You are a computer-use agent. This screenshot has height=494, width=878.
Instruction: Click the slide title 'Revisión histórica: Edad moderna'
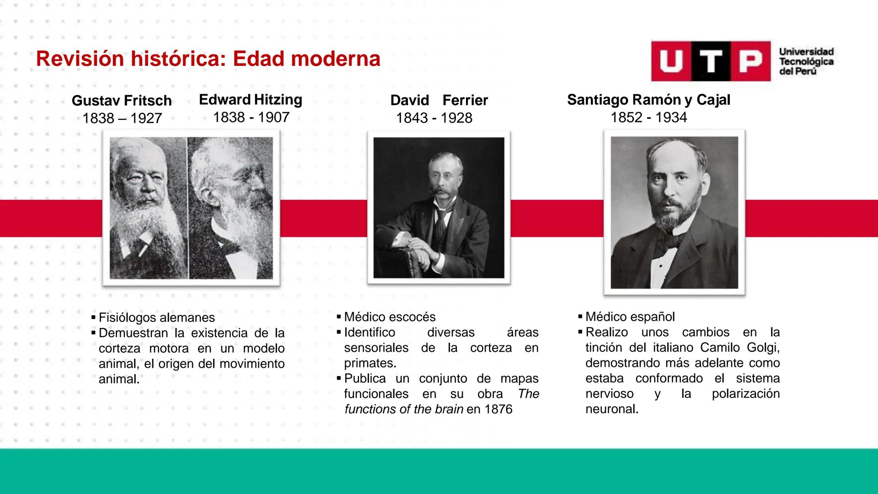208,59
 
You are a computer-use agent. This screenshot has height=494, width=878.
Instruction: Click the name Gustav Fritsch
122,101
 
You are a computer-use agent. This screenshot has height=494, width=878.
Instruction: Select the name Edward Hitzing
251,100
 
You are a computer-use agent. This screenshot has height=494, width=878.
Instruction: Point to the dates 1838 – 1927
122,118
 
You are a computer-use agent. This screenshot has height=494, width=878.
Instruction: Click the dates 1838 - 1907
251,118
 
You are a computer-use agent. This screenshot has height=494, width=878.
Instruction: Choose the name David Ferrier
439,100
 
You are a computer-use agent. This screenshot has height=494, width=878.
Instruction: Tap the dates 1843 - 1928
434,118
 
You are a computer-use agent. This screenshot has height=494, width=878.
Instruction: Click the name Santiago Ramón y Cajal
648,100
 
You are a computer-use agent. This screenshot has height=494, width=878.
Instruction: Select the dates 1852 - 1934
648,118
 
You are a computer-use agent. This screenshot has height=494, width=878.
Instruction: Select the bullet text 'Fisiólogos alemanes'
156,318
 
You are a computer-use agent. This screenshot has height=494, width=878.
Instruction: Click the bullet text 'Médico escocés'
390,317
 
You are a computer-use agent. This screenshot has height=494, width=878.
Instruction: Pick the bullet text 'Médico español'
630,317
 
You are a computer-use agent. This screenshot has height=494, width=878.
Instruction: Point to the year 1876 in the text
498,409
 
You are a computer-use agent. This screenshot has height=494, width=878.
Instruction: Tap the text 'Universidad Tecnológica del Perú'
806,62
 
